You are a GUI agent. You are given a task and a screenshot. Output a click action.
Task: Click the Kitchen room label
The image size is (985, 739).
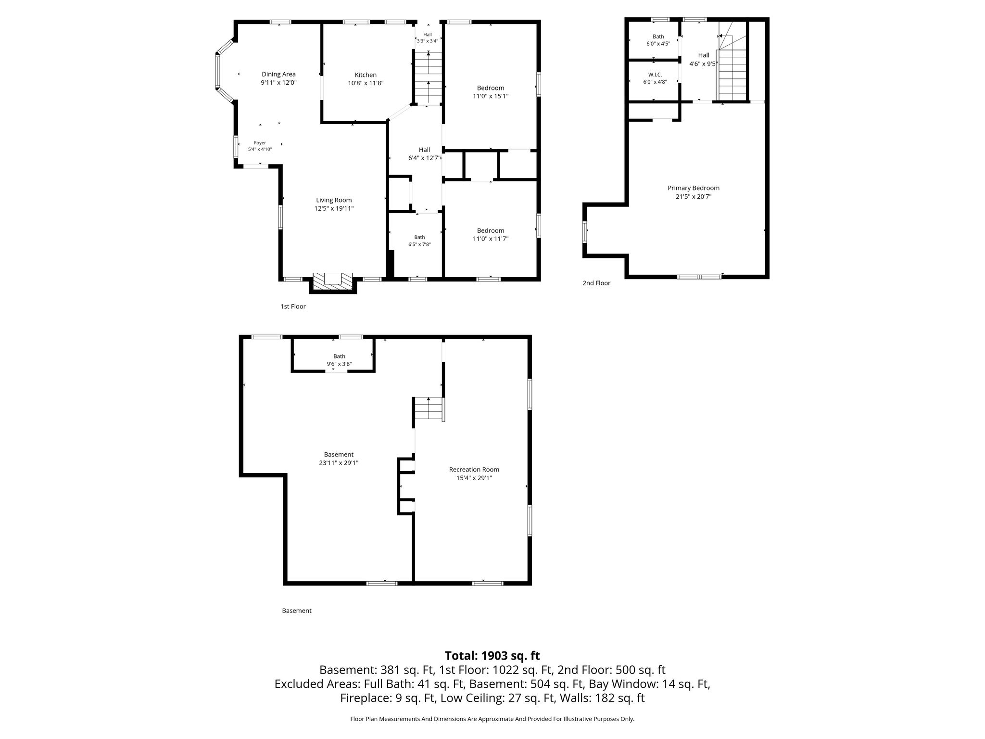tap(366, 75)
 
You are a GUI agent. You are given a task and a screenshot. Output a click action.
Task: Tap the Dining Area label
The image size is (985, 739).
tap(278, 74)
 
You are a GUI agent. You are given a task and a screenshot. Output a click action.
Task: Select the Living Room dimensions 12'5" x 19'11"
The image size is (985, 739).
tap(334, 209)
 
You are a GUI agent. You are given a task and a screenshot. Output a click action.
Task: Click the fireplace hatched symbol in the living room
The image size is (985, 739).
tap(332, 281)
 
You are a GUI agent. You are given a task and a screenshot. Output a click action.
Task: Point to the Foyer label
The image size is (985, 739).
tap(260, 143)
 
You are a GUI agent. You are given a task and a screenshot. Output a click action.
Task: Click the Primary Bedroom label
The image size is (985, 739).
tap(694, 188)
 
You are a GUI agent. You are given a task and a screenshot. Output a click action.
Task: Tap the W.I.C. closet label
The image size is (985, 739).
tap(655, 75)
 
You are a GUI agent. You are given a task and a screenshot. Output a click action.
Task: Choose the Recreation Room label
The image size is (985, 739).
tap(474, 470)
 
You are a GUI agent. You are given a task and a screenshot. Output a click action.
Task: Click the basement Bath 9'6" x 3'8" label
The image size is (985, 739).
tap(339, 360)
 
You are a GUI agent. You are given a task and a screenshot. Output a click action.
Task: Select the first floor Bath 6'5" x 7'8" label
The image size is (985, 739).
tap(419, 241)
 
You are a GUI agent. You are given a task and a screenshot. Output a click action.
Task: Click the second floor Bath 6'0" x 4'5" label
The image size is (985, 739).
tap(658, 40)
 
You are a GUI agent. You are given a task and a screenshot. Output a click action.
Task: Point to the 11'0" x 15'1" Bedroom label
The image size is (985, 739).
tap(491, 92)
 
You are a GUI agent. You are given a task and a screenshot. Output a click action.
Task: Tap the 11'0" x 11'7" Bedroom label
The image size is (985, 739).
tap(491, 234)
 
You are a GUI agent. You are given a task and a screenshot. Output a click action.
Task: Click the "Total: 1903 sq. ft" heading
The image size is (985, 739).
tap(492, 656)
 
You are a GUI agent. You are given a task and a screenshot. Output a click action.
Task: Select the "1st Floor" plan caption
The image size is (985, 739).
tap(293, 306)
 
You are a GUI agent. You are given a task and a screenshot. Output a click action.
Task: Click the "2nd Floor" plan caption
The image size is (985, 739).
tap(596, 283)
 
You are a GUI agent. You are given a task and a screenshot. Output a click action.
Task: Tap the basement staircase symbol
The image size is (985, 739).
tap(429, 409)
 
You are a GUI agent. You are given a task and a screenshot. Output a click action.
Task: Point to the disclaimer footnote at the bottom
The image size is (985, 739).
tap(492, 719)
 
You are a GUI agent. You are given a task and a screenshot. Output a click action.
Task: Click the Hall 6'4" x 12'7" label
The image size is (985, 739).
tap(424, 154)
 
